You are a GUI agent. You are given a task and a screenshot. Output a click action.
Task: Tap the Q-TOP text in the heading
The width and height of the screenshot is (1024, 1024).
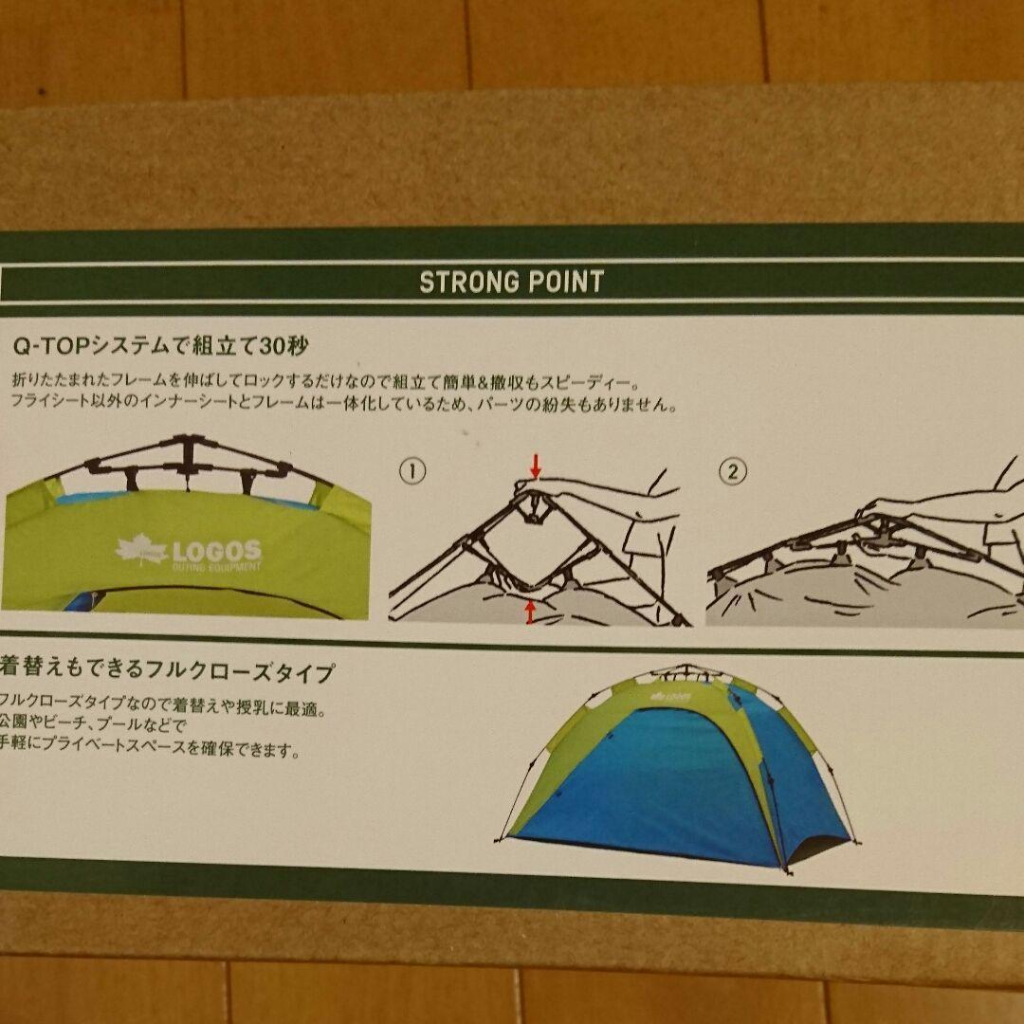[49, 346]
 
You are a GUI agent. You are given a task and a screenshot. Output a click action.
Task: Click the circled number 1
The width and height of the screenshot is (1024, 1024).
[412, 471]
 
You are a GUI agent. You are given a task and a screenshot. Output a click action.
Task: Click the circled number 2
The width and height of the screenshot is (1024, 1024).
[732, 471]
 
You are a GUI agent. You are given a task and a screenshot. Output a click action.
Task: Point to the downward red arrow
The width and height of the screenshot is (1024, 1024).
[536, 466]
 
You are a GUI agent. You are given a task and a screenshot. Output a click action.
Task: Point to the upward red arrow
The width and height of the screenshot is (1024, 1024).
[530, 612]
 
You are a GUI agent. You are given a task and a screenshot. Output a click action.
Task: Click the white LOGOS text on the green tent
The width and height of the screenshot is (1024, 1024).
[216, 551]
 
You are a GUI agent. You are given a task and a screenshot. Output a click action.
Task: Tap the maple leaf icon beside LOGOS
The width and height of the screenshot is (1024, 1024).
[141, 549]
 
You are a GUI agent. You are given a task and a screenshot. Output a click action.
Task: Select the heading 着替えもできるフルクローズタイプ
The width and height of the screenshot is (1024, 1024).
[167, 670]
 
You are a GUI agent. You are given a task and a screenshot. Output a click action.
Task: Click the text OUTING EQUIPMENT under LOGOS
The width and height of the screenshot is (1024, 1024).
[216, 567]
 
